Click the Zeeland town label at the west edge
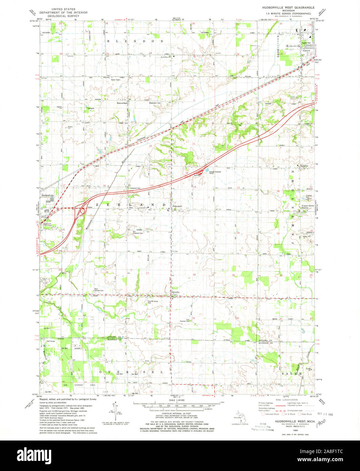[45, 196]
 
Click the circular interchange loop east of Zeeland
[82, 212]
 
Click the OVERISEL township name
[131, 372]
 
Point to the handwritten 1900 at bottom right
[321, 421]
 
